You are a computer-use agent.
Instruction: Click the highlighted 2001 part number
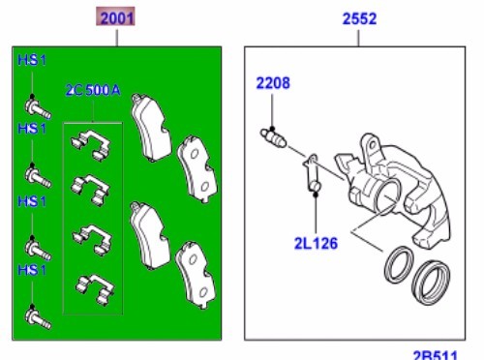click(x=116, y=18)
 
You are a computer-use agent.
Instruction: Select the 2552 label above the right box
click(x=358, y=18)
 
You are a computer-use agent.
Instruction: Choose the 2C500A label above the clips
click(x=93, y=90)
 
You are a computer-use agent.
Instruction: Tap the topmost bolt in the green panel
click(x=32, y=103)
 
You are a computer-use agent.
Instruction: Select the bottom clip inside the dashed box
click(x=93, y=285)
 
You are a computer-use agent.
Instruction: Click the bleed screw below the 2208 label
click(x=275, y=137)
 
